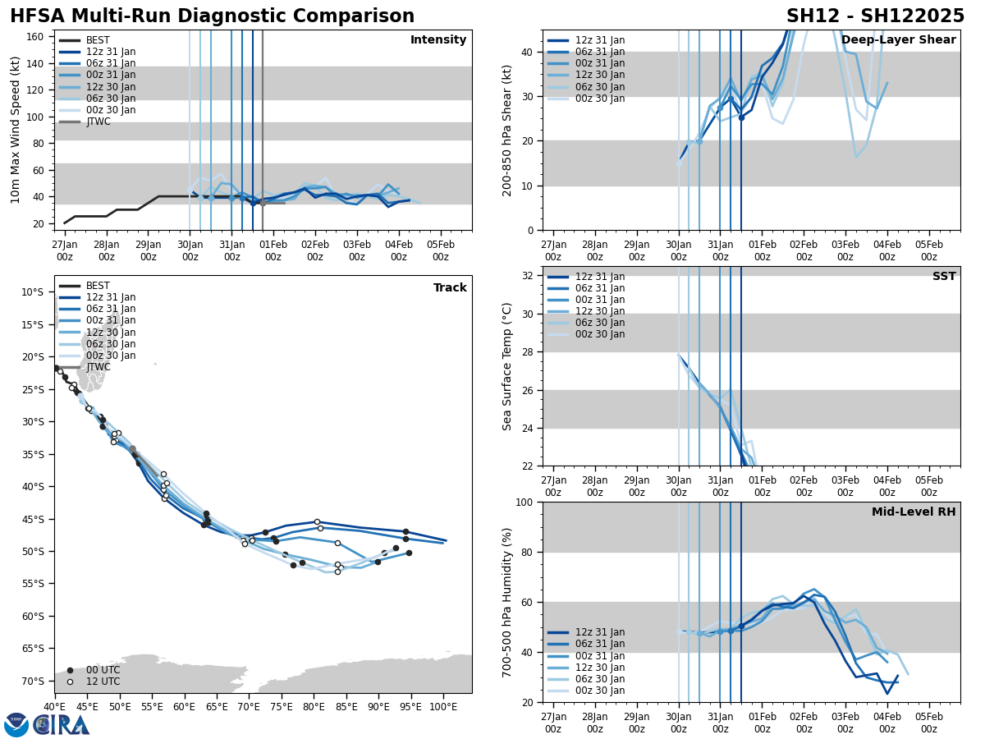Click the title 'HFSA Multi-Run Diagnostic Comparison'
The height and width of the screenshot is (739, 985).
click(212, 16)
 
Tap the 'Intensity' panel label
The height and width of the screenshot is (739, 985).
click(438, 40)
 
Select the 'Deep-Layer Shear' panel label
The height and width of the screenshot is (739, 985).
click(898, 40)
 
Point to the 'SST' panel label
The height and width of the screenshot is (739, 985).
click(943, 277)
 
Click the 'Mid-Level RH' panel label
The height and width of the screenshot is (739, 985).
click(914, 512)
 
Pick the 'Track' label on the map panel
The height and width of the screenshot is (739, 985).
click(450, 288)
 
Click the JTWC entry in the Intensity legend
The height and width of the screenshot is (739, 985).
click(98, 122)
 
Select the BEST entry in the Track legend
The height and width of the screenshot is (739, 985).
click(98, 286)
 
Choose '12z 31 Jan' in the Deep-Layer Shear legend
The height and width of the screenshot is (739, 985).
click(599, 40)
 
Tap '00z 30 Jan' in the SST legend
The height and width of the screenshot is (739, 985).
click(599, 334)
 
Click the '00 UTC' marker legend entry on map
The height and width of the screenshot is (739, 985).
click(103, 670)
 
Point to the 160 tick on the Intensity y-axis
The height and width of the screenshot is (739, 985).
click(36, 36)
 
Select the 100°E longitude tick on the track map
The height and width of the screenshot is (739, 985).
click(443, 707)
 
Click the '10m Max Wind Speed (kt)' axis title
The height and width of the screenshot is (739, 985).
click(16, 130)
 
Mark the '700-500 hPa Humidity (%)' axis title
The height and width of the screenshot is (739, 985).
click(508, 602)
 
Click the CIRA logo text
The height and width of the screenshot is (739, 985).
click(62, 725)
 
